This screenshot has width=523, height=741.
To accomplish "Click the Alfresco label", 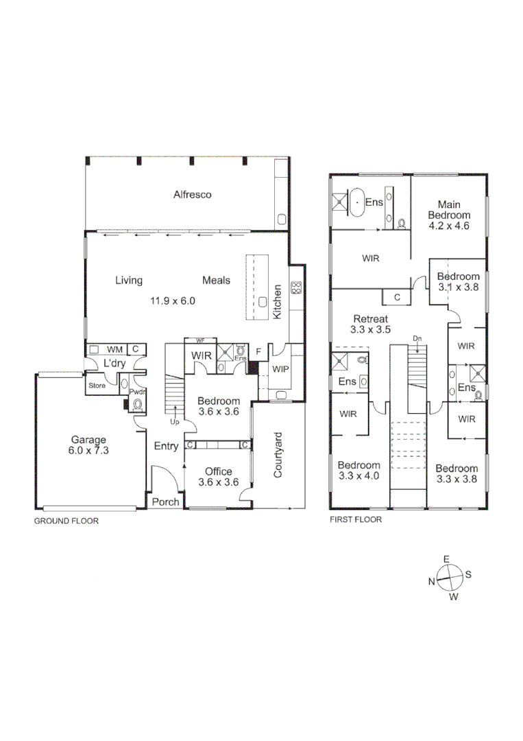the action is coord(192,195).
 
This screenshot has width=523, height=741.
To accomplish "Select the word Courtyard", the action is coord(278,455).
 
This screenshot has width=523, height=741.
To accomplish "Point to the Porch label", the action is coord(166,502).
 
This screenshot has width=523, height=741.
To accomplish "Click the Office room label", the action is coord(219,471).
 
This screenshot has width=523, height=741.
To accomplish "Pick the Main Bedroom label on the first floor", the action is coord(449,210).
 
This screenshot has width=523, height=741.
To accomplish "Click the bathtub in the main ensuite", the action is coord(357,202).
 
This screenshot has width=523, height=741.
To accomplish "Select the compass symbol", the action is coord(450,578).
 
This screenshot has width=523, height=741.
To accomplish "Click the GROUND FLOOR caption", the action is coord(66,521).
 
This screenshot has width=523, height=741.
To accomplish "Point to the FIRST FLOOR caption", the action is coord(356,519).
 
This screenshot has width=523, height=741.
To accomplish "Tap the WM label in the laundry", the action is coord(114,349).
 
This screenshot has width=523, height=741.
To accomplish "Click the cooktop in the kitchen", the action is coord(296,287).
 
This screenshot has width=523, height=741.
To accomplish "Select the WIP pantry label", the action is coord(280,369).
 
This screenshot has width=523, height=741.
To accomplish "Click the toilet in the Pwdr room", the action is coord(137,404).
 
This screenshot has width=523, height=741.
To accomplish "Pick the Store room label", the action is coord(97,386).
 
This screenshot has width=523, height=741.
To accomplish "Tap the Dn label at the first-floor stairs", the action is coord(417,338).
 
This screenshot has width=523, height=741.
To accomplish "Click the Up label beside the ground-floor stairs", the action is coord(175,421).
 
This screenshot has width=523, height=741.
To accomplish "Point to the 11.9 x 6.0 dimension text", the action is coord(173,301).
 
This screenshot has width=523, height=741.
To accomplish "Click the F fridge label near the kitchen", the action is coord(258,351).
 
